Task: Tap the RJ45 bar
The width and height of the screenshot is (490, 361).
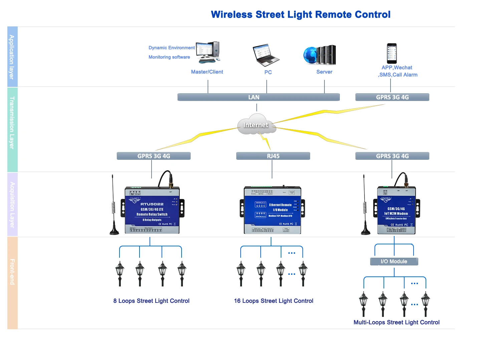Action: (x=273, y=156)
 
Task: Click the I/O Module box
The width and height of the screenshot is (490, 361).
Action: (x=394, y=261)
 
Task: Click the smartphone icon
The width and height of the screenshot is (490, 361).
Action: (x=392, y=53)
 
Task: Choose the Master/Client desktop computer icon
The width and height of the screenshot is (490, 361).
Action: (x=208, y=52)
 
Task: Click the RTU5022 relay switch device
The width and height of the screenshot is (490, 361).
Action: (x=152, y=210)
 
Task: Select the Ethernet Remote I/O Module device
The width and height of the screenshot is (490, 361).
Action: (x=272, y=210)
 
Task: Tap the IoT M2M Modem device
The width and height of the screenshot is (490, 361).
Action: (x=396, y=210)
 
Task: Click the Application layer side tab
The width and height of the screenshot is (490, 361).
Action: (x=12, y=57)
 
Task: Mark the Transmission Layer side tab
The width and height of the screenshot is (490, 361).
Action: (x=12, y=129)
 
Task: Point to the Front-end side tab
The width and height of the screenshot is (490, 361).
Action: (x=12, y=283)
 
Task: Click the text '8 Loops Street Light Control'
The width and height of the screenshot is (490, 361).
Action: (x=151, y=301)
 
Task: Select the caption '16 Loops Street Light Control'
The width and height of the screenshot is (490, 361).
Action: (x=273, y=301)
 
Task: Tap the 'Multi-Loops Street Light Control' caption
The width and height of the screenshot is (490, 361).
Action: (x=396, y=322)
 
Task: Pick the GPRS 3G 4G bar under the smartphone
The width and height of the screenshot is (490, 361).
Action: (x=392, y=97)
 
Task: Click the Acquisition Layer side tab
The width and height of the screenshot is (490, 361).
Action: (x=12, y=205)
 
